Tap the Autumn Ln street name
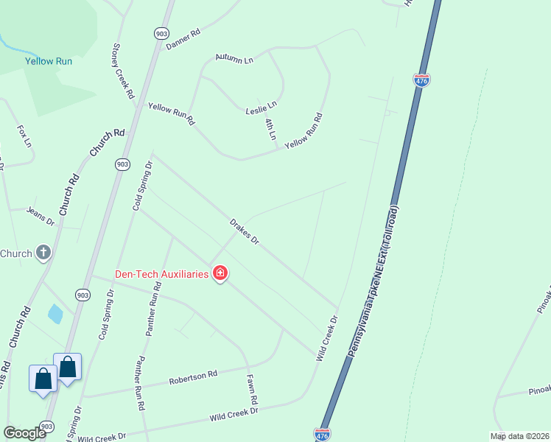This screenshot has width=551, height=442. pyautogui.click(x=234, y=58)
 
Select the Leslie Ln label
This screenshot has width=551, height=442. pyautogui.click(x=261, y=108)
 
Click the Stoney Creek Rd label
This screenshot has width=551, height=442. pyautogui.click(x=122, y=71)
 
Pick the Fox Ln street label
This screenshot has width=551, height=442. pyautogui.click(x=24, y=136)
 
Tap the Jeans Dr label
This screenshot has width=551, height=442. pyautogui.click(x=41, y=216)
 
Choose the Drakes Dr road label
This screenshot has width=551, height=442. pyautogui.click(x=245, y=231)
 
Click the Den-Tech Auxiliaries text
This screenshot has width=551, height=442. pyautogui.click(x=161, y=274)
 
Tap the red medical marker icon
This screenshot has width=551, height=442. pyautogui.click(x=220, y=274)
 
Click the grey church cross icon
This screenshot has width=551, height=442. pyautogui.click(x=43, y=253)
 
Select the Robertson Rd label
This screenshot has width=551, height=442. pyautogui.click(x=193, y=378)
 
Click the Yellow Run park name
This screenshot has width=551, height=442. pyautogui.click(x=49, y=61)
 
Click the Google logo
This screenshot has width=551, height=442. pyautogui.click(x=25, y=432)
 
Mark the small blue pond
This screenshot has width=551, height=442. pyautogui.click(x=55, y=314)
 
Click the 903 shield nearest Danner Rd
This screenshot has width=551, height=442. pyautogui.click(x=161, y=33)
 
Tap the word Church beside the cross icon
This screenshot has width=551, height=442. pyautogui.click(x=15, y=253)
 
